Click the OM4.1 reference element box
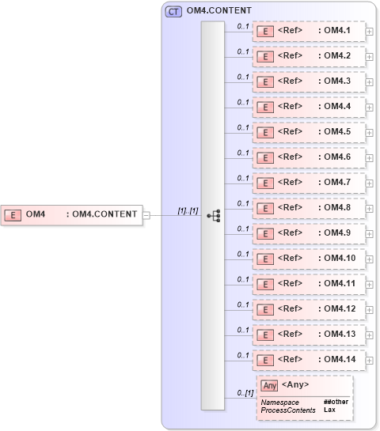(x=310, y=32)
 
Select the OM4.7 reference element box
(x=310, y=183)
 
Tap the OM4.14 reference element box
(x=310, y=361)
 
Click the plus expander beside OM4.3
(x=370, y=82)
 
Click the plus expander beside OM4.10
(x=370, y=259)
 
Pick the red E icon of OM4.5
(x=267, y=133)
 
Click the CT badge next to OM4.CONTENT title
(x=173, y=11)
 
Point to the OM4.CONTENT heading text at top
(x=219, y=11)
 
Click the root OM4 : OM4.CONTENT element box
(x=71, y=214)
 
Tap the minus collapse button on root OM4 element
(x=145, y=214)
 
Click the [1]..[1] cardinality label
(x=188, y=210)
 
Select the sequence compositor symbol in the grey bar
(x=212, y=215)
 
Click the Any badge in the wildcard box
(x=269, y=386)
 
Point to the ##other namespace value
(x=336, y=403)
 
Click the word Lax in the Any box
(x=329, y=410)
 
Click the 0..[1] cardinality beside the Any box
(x=245, y=393)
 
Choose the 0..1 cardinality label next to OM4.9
(x=243, y=229)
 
